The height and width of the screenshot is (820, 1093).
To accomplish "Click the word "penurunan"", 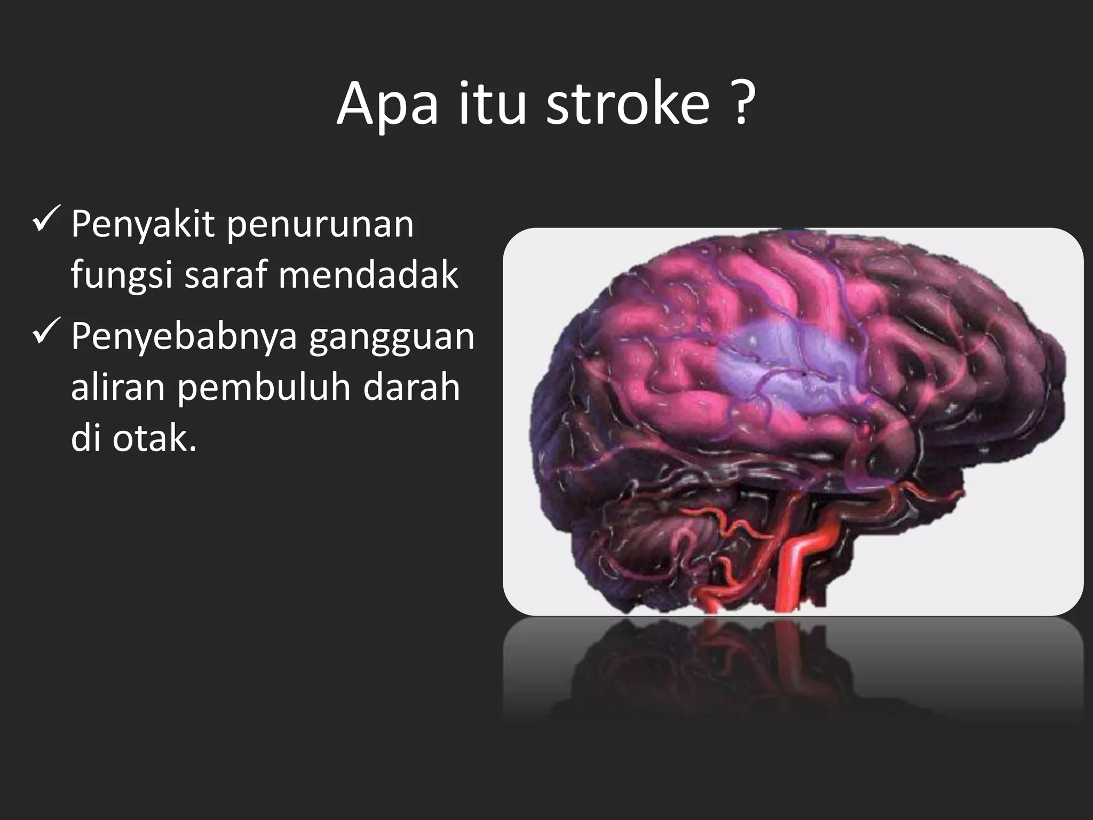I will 320,226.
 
